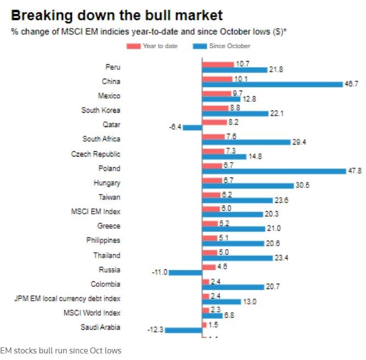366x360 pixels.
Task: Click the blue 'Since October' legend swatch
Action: click(199, 46)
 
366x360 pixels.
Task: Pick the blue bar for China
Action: click(272, 84)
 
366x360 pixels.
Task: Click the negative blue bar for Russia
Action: click(185, 272)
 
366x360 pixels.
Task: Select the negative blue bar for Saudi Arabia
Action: click(184, 330)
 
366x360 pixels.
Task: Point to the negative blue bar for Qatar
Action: click(192, 128)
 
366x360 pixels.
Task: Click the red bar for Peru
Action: click(218, 64)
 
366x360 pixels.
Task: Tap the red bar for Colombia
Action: click(206, 281)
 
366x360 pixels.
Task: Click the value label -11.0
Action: click(159, 272)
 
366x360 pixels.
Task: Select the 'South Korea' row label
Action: click(101, 110)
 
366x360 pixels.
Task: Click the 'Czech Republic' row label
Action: click(96, 153)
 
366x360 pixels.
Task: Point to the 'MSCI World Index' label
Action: click(92, 312)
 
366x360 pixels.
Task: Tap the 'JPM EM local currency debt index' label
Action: click(67, 298)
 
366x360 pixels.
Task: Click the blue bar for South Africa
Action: click(246, 142)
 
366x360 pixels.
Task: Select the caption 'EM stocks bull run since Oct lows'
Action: click(60, 350)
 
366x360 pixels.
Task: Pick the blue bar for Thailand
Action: click(237, 258)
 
